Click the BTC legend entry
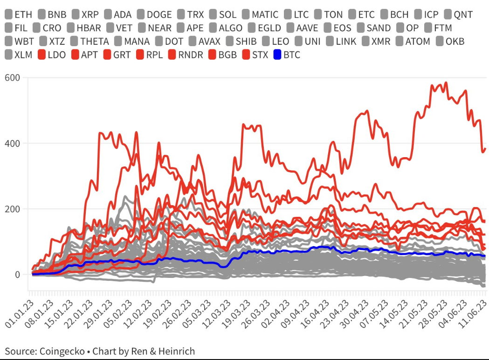[291, 55]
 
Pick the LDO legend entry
[56, 55]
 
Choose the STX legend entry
[260, 55]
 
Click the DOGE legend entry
[159, 14]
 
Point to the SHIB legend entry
[246, 42]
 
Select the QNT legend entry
[463, 14]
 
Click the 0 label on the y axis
[17, 275]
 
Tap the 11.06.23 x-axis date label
[475, 312]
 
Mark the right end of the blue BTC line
[484, 256]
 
